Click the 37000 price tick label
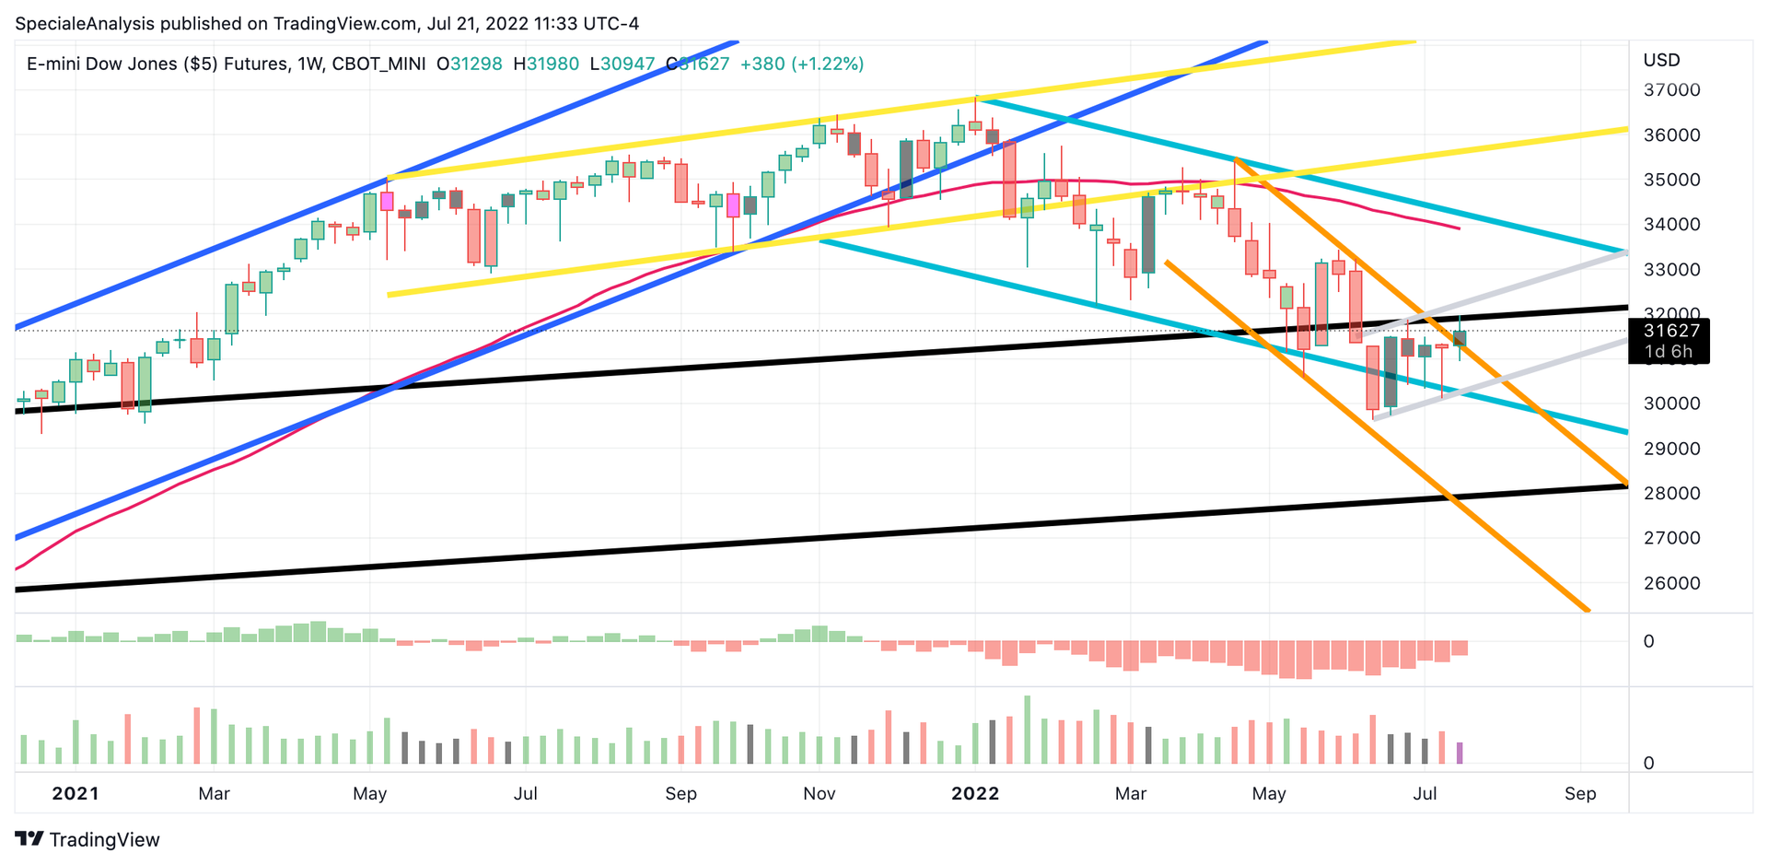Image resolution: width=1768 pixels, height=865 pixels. [x=1671, y=90]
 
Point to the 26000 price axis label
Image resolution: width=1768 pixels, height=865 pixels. [x=1671, y=583]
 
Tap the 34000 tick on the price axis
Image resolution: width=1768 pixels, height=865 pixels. [x=1671, y=225]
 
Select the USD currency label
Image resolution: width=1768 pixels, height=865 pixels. [x=1661, y=61]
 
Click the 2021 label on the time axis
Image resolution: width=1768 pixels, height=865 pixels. [x=75, y=793]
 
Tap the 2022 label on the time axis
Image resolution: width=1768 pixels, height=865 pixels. [x=975, y=793]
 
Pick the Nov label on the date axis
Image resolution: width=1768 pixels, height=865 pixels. [x=819, y=793]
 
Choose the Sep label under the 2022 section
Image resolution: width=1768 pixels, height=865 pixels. [x=1580, y=793]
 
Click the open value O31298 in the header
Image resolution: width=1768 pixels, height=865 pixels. [x=470, y=64]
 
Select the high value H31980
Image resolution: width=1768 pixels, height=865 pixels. [x=546, y=64]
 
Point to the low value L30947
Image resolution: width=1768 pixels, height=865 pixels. [x=622, y=64]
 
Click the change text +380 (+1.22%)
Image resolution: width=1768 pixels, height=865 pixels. [x=801, y=64]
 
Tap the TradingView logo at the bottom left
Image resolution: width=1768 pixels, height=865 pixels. [x=87, y=839]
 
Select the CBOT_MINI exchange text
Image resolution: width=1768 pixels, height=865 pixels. [x=378, y=64]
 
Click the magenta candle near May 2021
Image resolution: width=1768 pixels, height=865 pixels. [x=387, y=201]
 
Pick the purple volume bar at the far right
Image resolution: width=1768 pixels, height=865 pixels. [x=1460, y=753]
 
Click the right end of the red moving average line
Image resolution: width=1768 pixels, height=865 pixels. [x=1459, y=228]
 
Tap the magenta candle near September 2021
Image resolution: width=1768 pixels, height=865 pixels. [x=734, y=205]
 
